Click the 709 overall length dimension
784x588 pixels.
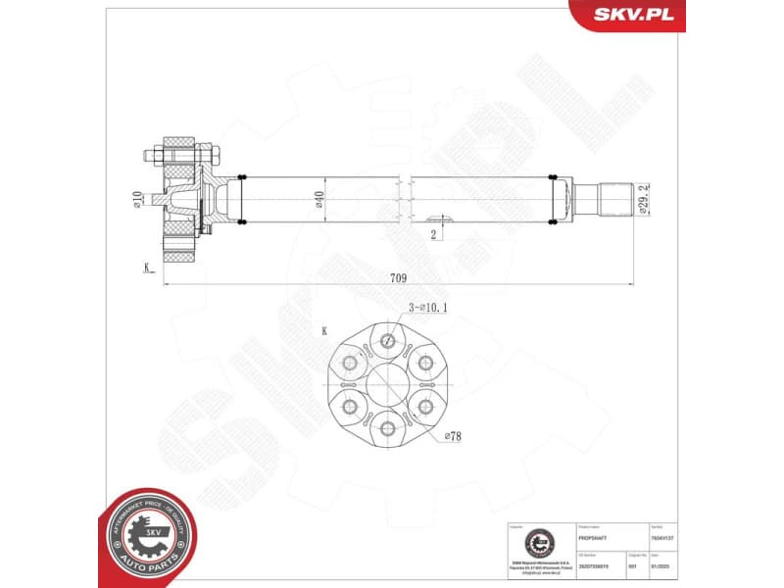pyautogui.click(x=398, y=278)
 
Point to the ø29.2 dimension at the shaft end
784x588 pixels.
pyautogui.click(x=643, y=200)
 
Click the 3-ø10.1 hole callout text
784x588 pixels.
pyautogui.click(x=428, y=308)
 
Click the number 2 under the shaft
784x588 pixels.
pyautogui.click(x=432, y=234)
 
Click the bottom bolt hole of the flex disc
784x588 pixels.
pyautogui.click(x=390, y=428)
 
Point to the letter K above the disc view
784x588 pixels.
pyautogui.click(x=324, y=331)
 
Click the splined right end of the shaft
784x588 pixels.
pyautogui.click(x=612, y=200)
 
